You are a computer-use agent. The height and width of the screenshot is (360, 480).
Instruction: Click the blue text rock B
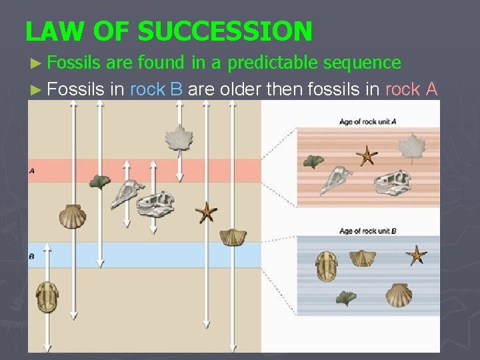point(157,89)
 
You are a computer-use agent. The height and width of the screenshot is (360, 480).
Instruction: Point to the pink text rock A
point(411,89)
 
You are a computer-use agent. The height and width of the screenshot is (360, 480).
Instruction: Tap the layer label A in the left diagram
point(32,171)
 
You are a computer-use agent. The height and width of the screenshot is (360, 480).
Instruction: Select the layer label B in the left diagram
point(32,256)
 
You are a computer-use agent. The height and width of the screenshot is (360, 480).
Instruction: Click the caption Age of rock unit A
point(368,121)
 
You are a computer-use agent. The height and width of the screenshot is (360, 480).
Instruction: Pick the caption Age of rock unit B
point(368,231)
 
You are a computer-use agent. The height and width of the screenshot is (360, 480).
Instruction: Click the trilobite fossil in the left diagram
point(47,297)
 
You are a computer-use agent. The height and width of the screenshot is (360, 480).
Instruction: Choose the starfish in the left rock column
point(206,213)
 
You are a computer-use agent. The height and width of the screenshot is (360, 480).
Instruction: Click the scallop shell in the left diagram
point(72,215)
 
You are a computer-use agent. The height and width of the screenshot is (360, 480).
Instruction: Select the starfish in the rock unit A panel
point(366,156)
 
